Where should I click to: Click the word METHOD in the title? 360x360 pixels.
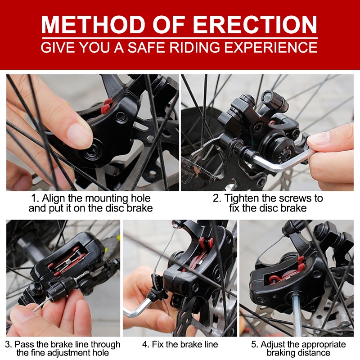93,25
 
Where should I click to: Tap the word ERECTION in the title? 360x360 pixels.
255,25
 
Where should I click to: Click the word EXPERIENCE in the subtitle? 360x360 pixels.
271,47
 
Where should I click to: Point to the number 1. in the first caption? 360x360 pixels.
35,198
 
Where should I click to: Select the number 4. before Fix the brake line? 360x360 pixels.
146,344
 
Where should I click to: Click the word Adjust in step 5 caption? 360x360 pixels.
273,345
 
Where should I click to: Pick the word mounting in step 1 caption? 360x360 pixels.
108,198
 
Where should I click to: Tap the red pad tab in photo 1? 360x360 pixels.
107,106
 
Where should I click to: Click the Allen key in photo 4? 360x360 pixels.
137,307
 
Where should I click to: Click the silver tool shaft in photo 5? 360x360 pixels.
297,315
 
